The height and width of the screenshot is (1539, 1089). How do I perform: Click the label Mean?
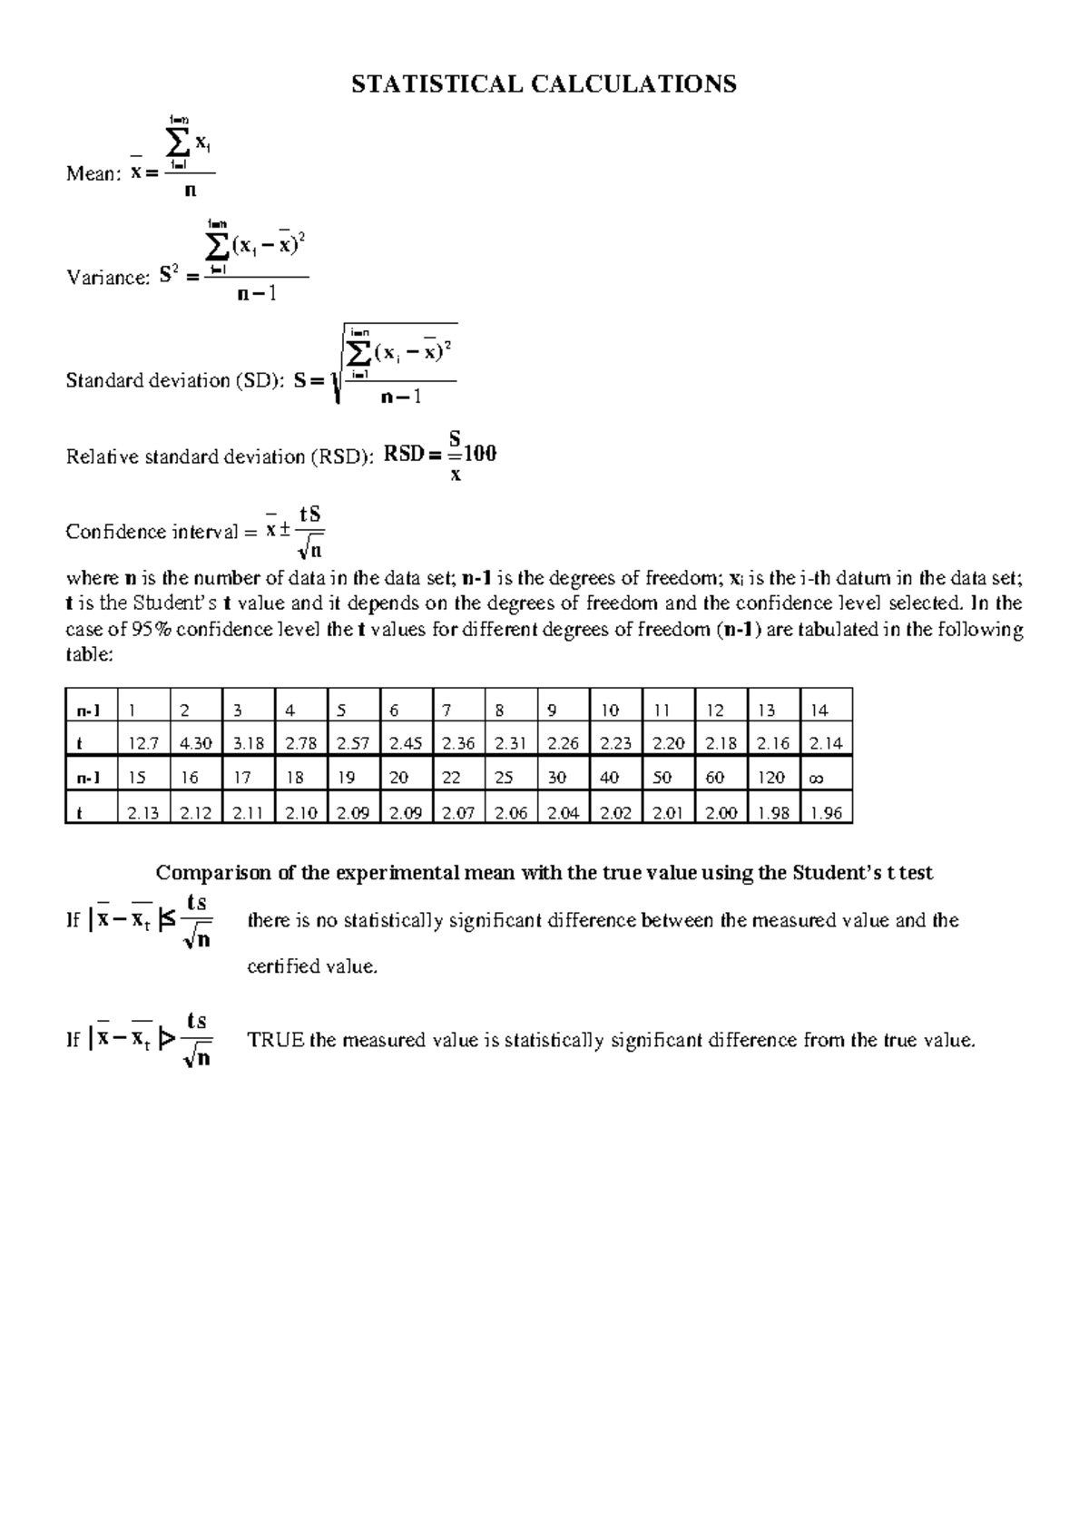(93, 174)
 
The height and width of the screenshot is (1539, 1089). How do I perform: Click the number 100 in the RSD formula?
(477, 454)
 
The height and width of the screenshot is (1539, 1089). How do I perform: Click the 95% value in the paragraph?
(151, 630)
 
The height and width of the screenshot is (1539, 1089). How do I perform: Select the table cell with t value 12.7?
(144, 743)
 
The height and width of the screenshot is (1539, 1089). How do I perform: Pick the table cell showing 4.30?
(196, 743)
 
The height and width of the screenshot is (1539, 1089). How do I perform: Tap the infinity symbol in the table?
(815, 778)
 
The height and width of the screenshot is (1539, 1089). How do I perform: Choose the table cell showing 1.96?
(826, 812)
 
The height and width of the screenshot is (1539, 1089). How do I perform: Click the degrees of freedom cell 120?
(770, 778)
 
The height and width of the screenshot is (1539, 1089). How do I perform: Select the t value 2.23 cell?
(615, 743)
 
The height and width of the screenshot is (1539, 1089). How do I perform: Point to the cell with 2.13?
(144, 812)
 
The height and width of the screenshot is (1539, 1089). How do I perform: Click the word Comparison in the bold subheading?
(213, 873)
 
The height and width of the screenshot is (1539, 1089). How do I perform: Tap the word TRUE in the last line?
(276, 1040)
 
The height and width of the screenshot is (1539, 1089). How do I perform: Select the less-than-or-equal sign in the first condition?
(166, 920)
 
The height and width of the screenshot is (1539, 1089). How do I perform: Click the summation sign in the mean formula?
(179, 142)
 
